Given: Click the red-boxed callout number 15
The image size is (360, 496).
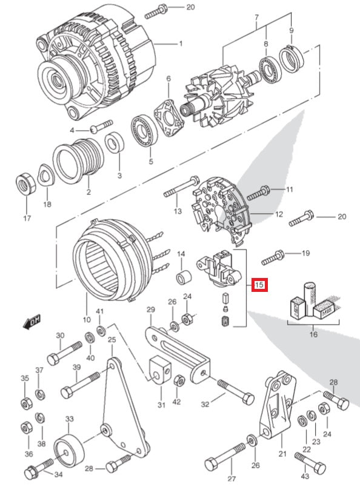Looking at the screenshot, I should click(259, 284).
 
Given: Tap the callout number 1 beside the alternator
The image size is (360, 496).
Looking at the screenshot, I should click(180, 44).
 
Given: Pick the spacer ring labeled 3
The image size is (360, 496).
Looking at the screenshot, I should click(113, 145).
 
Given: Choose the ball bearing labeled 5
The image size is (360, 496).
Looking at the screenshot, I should click(143, 130).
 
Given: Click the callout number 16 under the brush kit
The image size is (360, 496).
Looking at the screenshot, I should click(312, 334).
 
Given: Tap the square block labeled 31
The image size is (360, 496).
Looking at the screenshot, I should click(159, 370).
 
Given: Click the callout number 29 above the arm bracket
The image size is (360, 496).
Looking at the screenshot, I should click(151, 310).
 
